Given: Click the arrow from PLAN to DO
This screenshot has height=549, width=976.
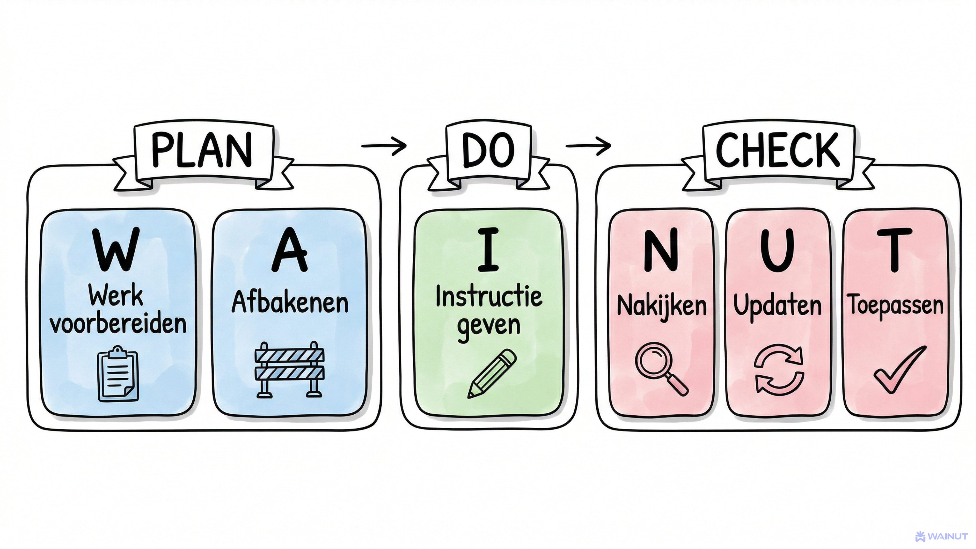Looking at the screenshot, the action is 384,145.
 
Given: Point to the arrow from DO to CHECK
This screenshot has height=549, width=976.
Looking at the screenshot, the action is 588,145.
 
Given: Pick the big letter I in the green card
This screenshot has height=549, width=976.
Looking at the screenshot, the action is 488,250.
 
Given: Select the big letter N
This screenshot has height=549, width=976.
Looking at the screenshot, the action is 661,250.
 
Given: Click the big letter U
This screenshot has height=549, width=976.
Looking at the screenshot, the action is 777,250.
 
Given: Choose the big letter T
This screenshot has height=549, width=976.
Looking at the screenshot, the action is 895,250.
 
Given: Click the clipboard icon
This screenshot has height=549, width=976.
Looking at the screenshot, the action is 118,374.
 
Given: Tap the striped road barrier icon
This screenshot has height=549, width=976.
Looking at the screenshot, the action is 290,370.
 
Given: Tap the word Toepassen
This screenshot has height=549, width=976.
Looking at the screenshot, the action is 895,305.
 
